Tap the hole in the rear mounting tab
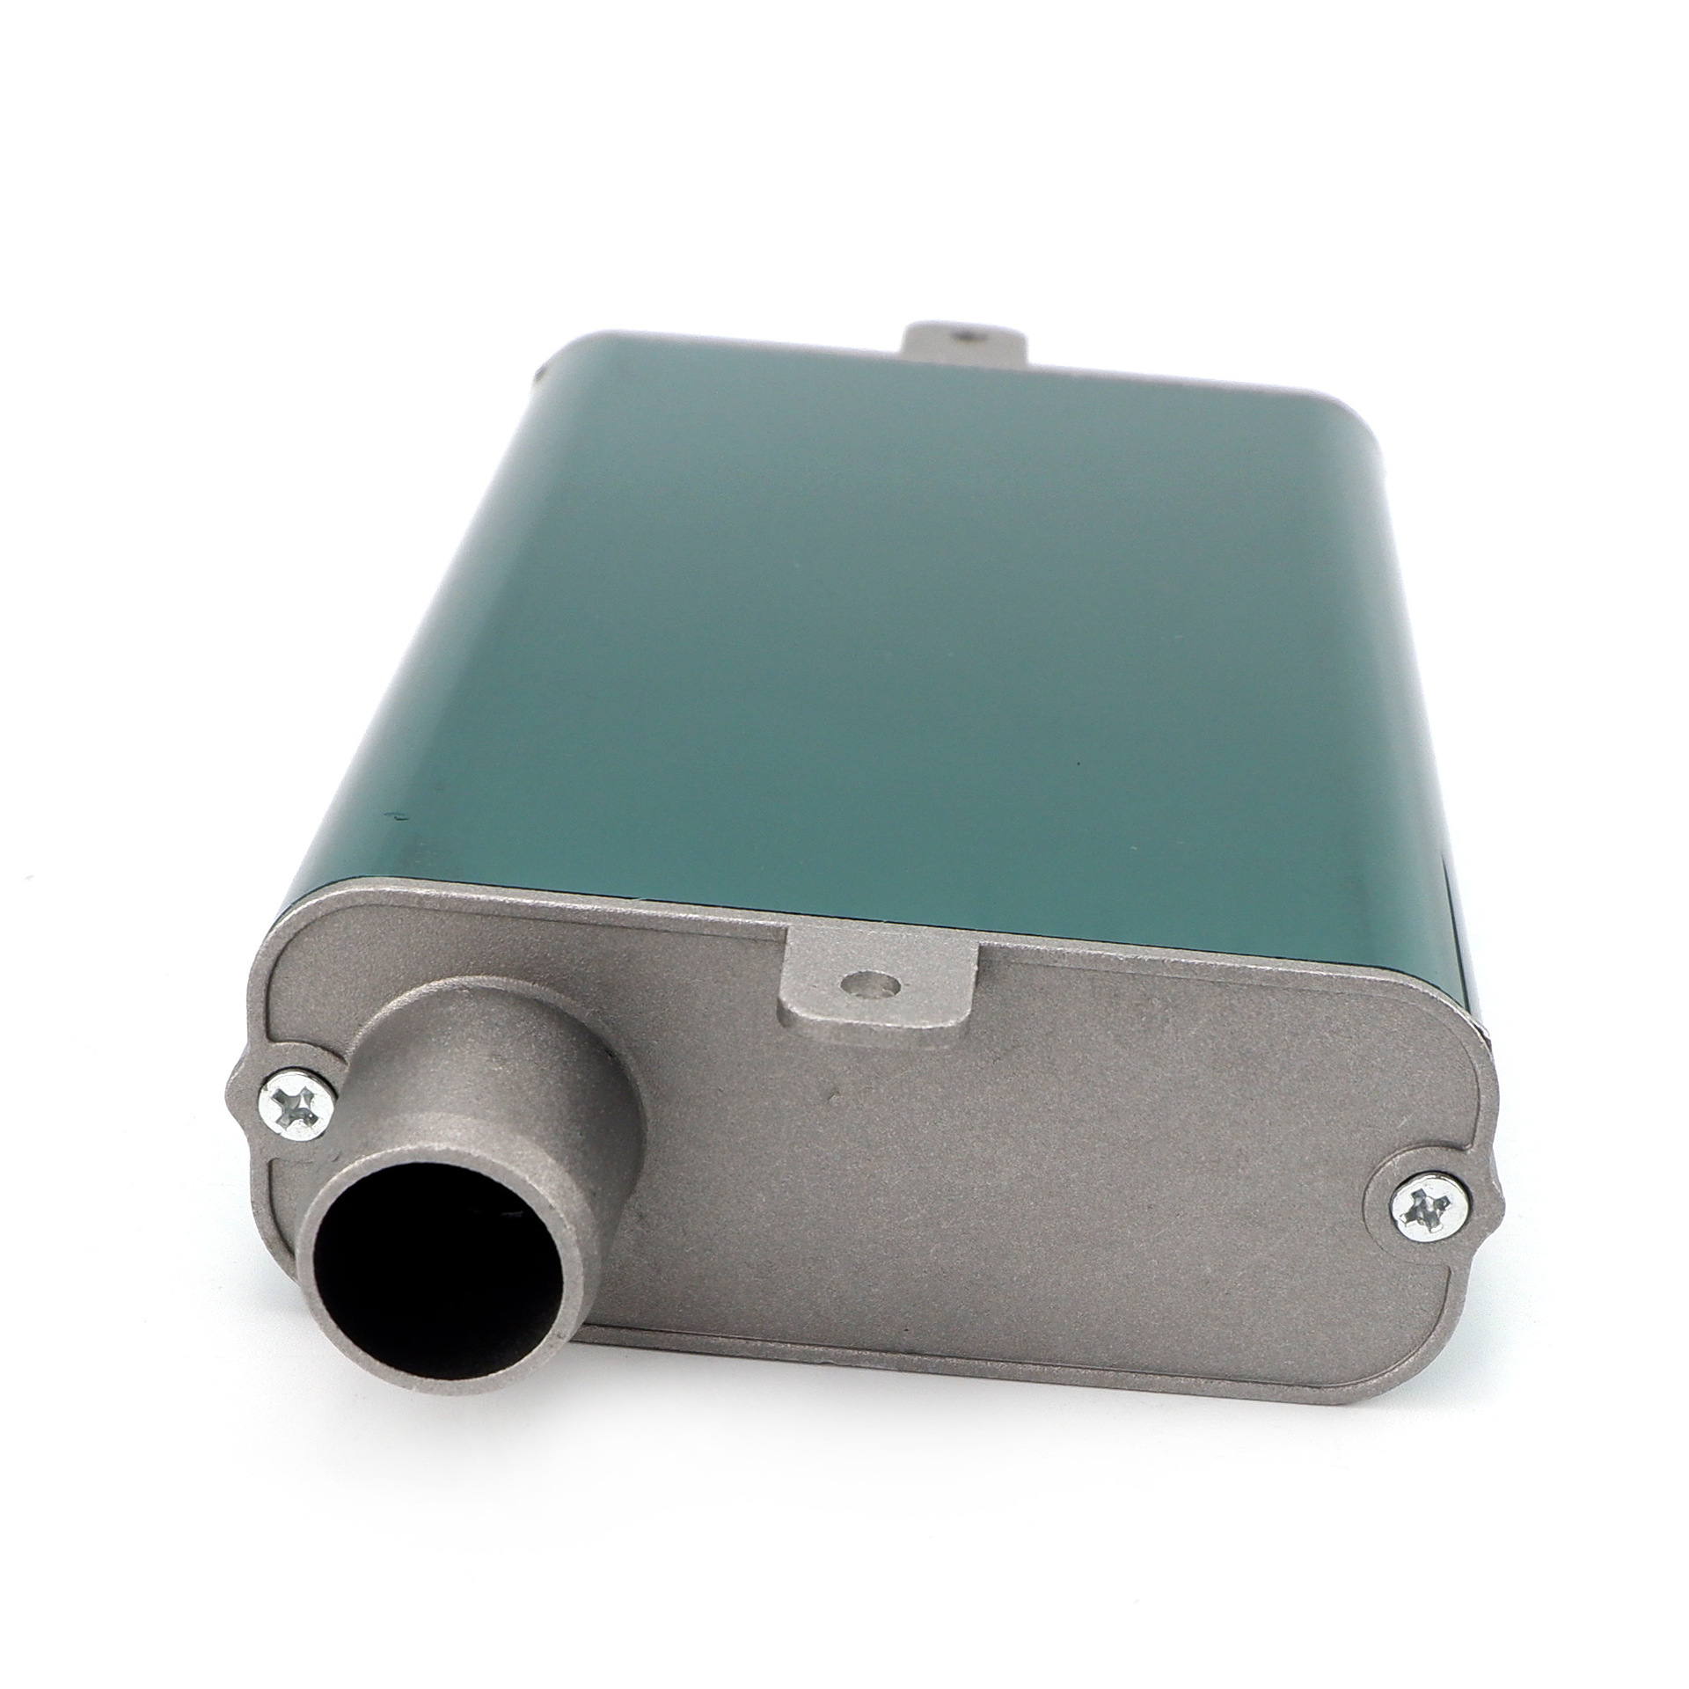pos(966,335)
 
